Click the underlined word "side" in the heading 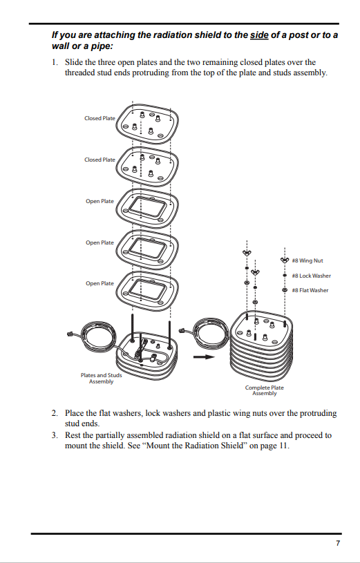point(259,35)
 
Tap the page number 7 point(338,543)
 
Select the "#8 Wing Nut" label point(307,260)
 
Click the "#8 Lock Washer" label point(311,276)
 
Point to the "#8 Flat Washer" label point(310,290)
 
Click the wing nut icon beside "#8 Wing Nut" point(285,260)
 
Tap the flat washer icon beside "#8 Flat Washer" point(285,289)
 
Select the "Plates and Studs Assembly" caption point(101,378)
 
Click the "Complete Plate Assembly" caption point(265,390)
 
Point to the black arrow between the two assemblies point(204,357)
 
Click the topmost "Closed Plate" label point(100,118)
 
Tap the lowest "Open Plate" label point(100,283)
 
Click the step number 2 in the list point(55,413)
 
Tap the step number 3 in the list point(55,435)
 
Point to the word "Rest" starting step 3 point(73,435)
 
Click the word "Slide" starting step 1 point(74,62)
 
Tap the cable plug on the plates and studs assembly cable point(70,334)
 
